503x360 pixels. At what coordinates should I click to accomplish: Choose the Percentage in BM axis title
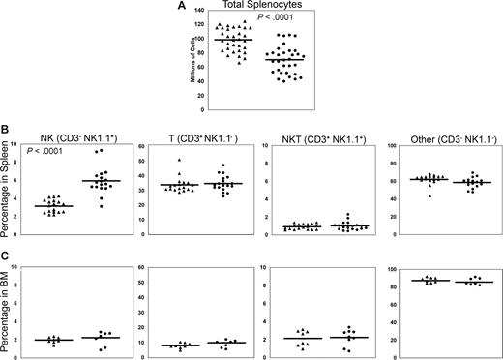(x=8, y=313)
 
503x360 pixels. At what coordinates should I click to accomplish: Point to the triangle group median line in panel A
(x=234, y=40)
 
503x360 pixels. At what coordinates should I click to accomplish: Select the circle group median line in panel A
(x=285, y=60)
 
